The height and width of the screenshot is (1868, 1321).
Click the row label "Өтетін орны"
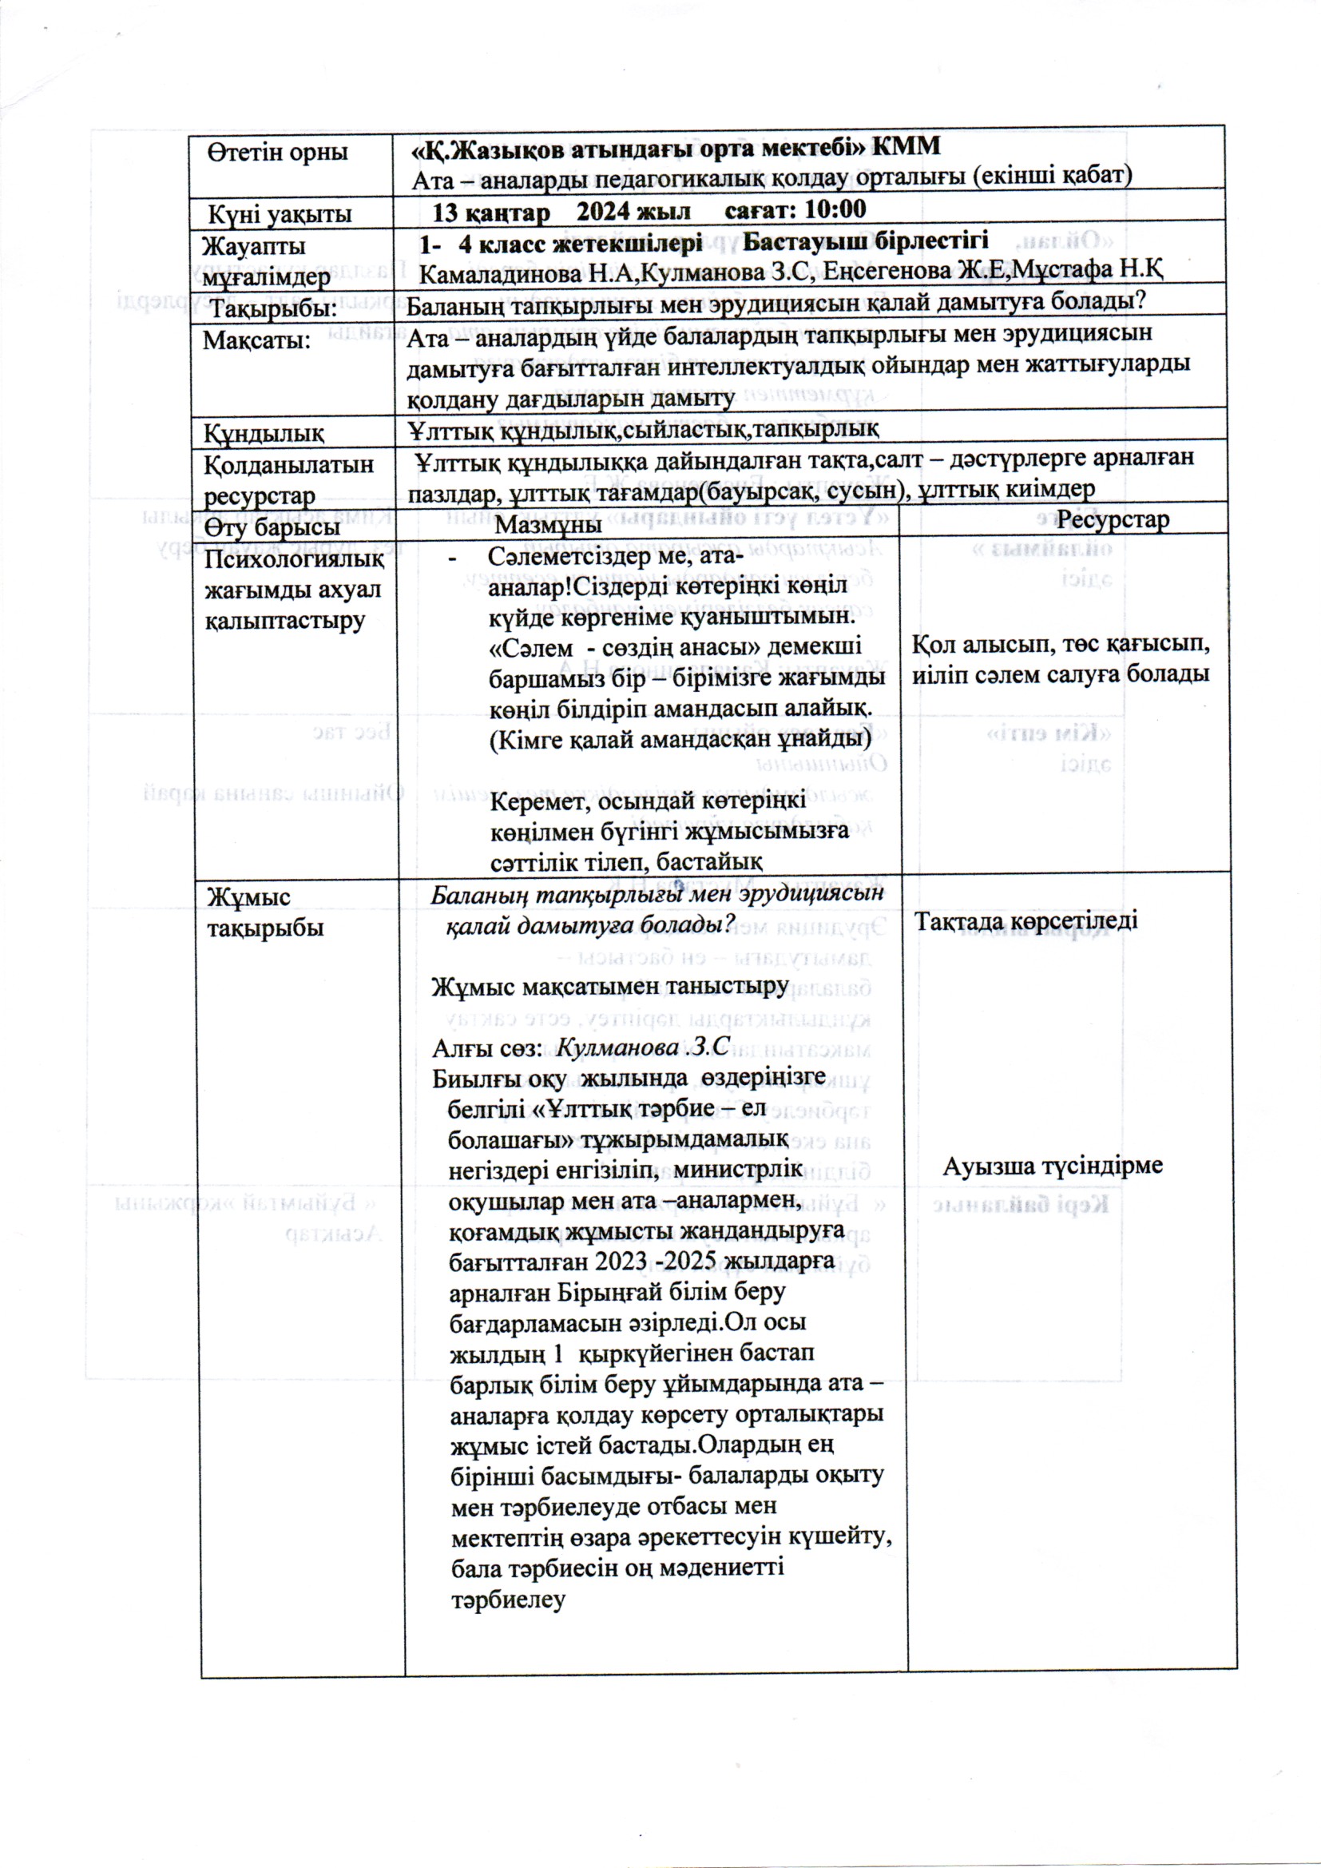click(x=276, y=152)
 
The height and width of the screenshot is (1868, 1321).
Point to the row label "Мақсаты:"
click(x=257, y=340)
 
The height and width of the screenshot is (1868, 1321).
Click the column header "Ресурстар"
click(x=1113, y=520)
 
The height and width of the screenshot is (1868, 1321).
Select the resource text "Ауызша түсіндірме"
click(x=1053, y=1166)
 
